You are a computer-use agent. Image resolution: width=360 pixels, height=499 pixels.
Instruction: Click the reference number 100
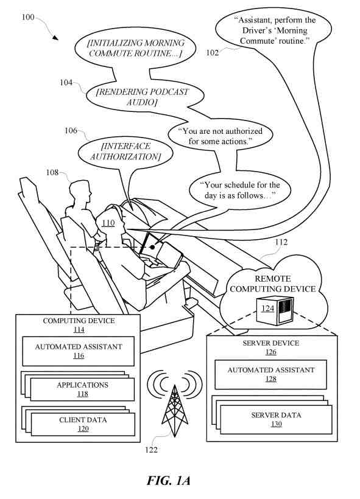pos(28,17)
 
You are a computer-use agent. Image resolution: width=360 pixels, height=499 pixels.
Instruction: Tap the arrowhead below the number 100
pos(55,38)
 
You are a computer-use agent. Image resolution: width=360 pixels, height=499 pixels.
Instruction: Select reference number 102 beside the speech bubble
pos(212,52)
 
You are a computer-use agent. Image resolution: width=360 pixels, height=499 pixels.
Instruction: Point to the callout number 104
pos(66,82)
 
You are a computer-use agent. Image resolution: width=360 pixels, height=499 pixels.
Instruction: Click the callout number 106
pos(71,130)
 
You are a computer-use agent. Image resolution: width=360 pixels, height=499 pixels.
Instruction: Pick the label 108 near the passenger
pos(52,172)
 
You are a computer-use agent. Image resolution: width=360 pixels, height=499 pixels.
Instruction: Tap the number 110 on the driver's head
pos(108,223)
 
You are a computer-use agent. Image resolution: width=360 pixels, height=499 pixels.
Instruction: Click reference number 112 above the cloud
pos(281,242)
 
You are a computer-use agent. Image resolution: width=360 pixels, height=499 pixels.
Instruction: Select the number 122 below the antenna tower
pos(151,450)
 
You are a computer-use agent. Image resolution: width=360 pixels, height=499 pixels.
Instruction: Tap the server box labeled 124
pos(275,310)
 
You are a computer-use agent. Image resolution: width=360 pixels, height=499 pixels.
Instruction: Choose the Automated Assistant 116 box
pos(79,351)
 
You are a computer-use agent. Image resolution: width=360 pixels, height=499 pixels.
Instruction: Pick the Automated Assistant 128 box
pos(271,375)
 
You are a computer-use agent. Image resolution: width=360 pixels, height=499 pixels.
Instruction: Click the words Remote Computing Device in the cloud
pos(273,284)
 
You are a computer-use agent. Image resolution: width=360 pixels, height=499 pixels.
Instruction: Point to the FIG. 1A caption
pos(169,481)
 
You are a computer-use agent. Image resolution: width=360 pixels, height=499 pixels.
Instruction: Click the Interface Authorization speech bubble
pos(125,152)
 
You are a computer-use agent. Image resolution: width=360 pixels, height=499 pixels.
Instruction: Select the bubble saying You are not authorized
pos(221,136)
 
